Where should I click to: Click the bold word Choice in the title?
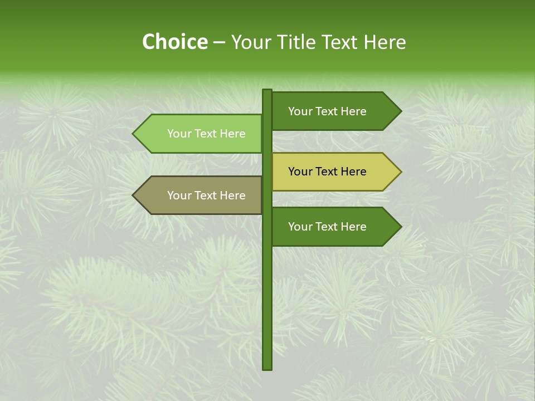[174, 42]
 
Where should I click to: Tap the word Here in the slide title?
[385, 42]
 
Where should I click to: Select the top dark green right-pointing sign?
[329, 111]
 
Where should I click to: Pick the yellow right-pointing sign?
[329, 172]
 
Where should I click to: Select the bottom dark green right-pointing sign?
[329, 227]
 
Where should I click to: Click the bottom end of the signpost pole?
[267, 367]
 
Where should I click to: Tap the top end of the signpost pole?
[267, 91]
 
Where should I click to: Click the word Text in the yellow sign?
[328, 172]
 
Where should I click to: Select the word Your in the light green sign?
[179, 134]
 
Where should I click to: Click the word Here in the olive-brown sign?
[232, 195]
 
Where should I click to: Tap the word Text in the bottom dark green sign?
[328, 227]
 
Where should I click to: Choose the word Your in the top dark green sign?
[300, 111]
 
